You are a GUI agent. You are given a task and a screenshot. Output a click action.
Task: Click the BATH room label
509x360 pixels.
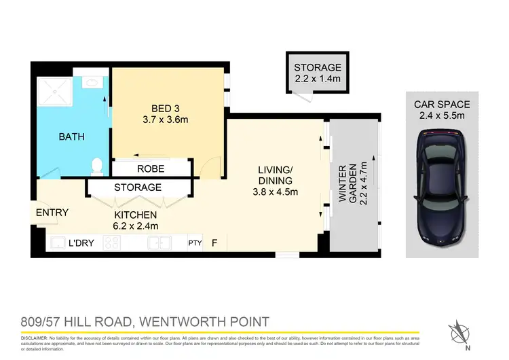[71, 137]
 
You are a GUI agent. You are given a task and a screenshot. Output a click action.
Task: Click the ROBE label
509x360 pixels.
[150, 168]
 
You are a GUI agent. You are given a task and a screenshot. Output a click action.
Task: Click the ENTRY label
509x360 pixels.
[52, 213]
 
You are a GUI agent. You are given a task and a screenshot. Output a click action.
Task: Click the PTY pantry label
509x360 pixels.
[195, 242]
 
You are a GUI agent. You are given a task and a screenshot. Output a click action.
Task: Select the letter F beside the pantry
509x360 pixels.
[214, 242]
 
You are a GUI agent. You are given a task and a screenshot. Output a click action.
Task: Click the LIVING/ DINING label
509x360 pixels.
[275, 175]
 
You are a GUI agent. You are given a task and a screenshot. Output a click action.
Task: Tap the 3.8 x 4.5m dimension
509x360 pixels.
[275, 192]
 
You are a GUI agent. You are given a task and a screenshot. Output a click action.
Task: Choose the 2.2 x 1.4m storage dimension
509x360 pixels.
[318, 79]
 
